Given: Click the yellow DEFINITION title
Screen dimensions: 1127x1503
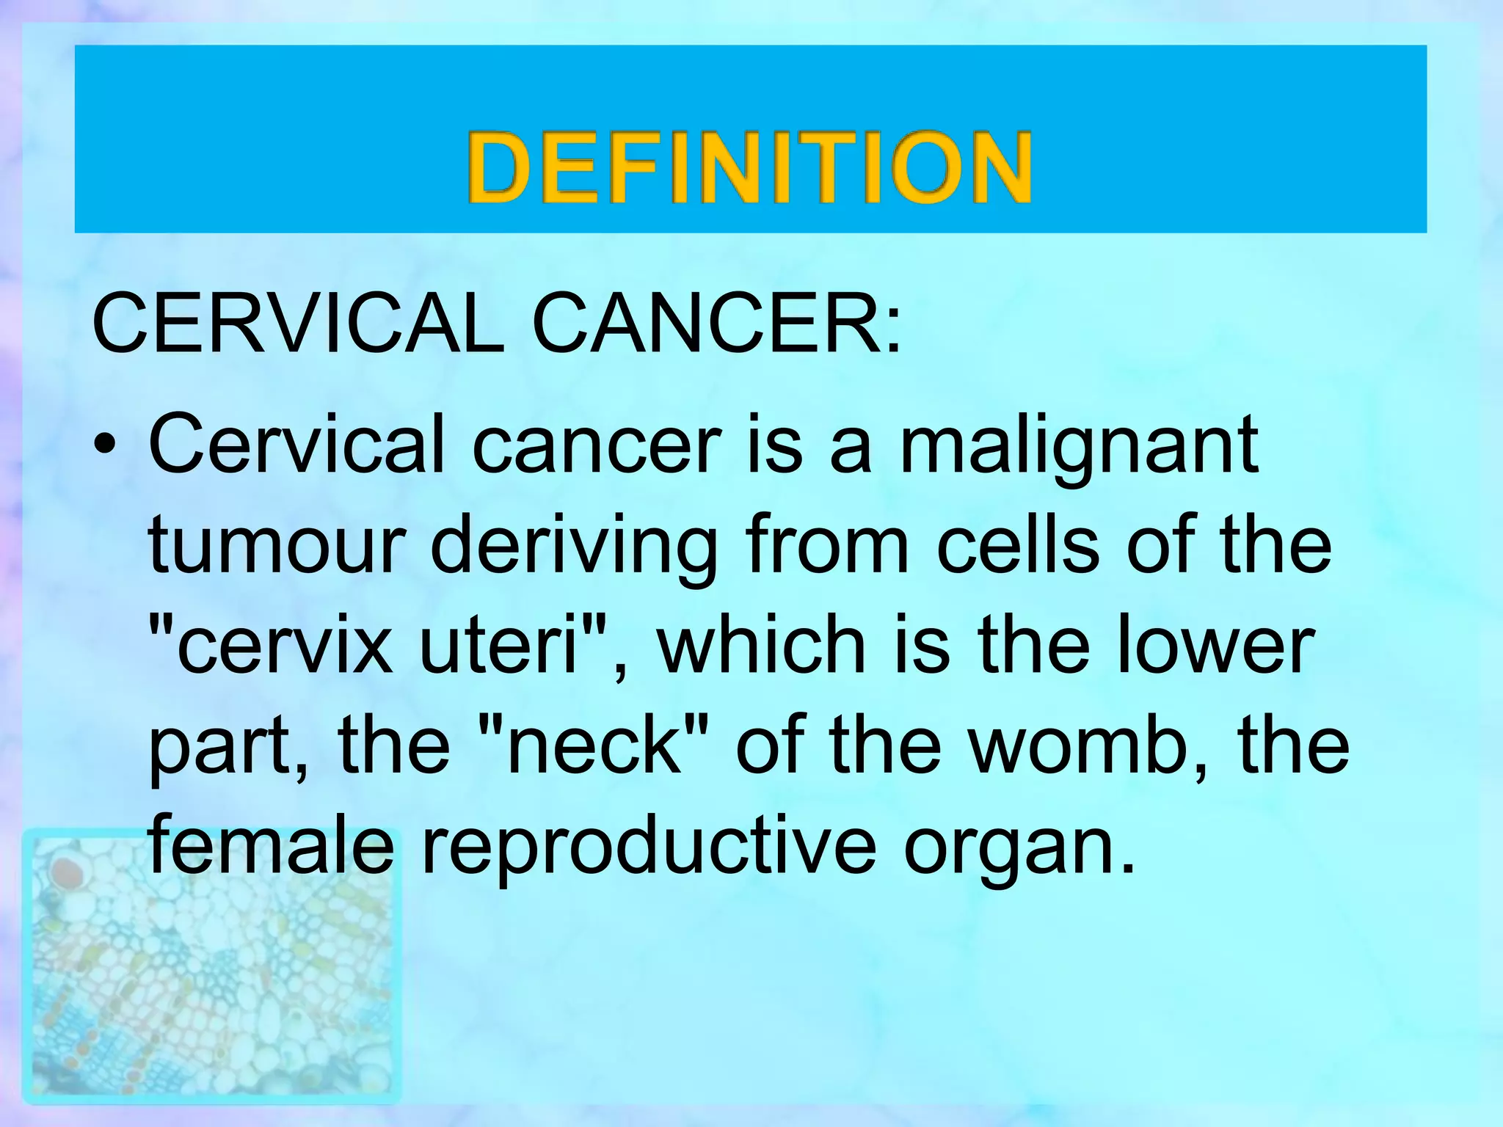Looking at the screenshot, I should click(750, 167).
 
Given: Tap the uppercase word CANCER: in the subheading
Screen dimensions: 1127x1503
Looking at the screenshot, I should click(716, 323).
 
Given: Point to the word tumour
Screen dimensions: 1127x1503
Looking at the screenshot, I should click(276, 546).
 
